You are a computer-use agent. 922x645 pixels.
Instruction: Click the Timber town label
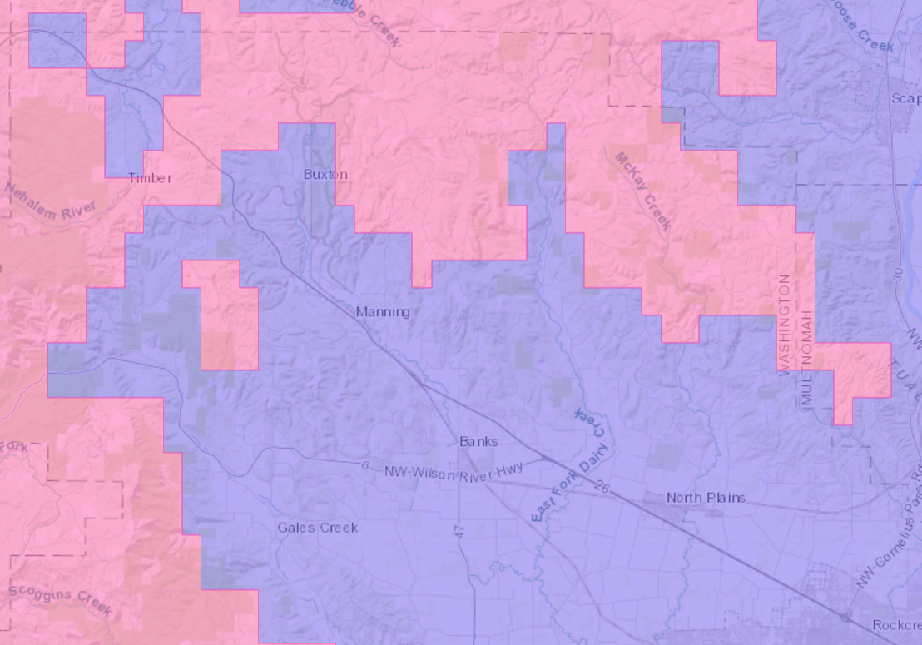click(150, 177)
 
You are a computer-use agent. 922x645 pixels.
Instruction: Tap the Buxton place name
click(325, 175)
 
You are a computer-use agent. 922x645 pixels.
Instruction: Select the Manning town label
click(383, 312)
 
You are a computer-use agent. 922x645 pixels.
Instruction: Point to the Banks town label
click(478, 441)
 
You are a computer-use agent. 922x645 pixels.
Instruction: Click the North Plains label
click(706, 498)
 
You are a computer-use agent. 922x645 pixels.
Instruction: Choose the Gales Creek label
click(318, 528)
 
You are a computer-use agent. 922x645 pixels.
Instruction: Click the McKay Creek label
click(643, 191)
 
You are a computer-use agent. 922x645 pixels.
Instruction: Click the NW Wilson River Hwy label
click(454, 470)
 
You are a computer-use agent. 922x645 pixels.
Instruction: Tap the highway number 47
click(460, 530)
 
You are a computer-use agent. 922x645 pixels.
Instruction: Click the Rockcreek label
click(897, 625)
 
